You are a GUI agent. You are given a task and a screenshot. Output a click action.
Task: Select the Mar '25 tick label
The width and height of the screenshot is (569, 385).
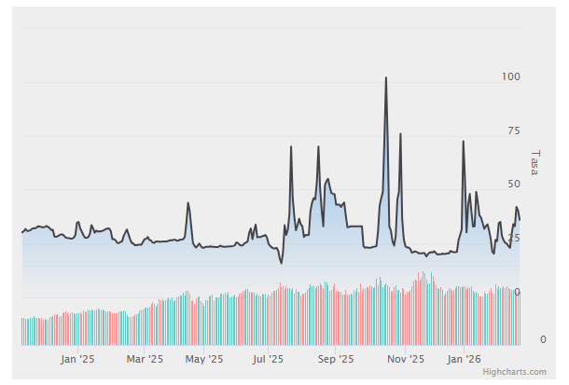(x=145, y=358)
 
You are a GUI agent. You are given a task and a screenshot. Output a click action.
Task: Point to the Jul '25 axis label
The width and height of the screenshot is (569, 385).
(x=269, y=358)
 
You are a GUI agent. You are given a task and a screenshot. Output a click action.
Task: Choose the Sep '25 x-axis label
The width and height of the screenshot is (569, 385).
(x=336, y=358)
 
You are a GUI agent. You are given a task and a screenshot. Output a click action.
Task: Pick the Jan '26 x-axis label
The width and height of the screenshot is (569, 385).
(x=465, y=358)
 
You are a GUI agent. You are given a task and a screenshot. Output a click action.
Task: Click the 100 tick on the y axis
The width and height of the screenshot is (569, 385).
(x=510, y=76)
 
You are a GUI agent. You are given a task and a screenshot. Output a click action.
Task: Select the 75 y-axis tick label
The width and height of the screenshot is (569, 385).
(x=513, y=131)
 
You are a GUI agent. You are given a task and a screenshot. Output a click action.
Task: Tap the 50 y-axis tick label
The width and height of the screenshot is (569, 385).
(x=513, y=185)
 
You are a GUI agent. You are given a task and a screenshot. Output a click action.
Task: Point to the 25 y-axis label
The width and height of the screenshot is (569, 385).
(x=513, y=239)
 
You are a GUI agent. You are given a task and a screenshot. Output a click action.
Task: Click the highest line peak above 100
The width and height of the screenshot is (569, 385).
(x=386, y=78)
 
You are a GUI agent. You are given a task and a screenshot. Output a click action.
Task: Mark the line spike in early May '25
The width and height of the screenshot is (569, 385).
(x=188, y=203)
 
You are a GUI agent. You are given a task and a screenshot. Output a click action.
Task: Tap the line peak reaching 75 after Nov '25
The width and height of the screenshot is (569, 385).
(x=401, y=134)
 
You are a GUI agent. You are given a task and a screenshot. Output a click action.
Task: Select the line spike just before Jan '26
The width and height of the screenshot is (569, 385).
(x=464, y=142)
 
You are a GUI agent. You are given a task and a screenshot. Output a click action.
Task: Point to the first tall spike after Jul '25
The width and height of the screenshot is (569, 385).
(x=291, y=146)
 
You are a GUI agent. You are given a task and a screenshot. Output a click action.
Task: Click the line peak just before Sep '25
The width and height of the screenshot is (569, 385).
(x=318, y=146)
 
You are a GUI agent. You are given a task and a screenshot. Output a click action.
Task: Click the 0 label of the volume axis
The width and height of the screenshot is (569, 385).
(x=543, y=339)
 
